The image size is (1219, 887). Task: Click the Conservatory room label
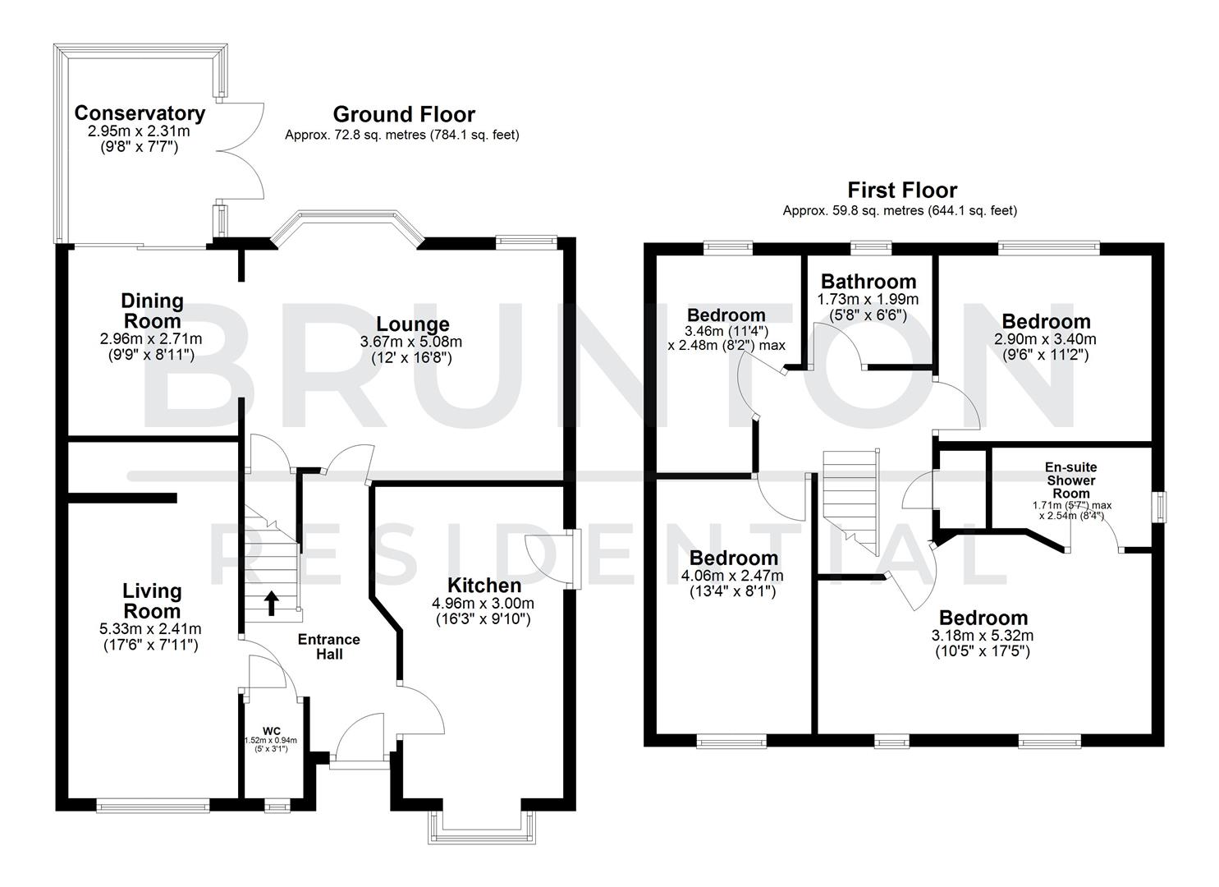[140, 113]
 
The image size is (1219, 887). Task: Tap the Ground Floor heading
[403, 114]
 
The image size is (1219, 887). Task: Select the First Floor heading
[902, 191]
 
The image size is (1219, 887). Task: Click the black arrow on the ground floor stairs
[271, 604]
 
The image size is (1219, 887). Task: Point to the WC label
[271, 730]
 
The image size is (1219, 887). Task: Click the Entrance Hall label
[328, 646]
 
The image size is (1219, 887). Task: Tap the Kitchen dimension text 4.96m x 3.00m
[483, 603]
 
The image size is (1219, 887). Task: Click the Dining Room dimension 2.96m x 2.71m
[151, 338]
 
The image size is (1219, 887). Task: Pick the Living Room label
[152, 600]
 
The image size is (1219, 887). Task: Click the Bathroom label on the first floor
[868, 282]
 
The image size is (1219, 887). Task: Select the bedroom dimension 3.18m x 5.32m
[983, 635]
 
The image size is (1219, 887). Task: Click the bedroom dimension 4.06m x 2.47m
[732, 575]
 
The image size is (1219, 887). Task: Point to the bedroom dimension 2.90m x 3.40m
[1045, 338]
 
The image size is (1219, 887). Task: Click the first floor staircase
[854, 500]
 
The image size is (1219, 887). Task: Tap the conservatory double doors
[241, 151]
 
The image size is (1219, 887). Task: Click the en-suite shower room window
[1159, 506]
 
